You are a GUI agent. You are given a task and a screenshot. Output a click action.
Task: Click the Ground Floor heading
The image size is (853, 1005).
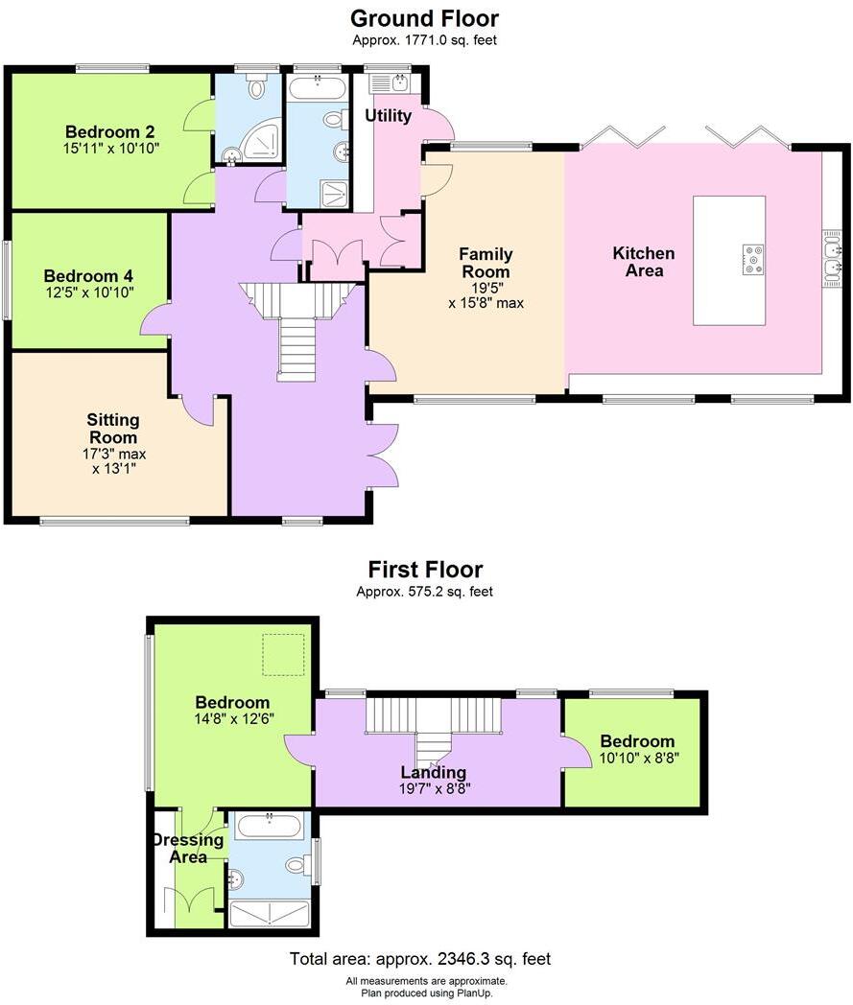(x=424, y=18)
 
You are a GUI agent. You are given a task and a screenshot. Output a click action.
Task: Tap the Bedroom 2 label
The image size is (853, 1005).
(x=110, y=132)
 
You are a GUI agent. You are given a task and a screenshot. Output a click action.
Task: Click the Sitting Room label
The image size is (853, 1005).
(x=112, y=429)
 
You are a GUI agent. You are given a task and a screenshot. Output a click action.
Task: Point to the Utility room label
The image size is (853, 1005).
(x=389, y=116)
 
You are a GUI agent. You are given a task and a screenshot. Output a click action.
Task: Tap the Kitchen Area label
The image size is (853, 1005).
(x=644, y=262)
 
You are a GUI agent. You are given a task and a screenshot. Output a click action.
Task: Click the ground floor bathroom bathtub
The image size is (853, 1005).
(x=318, y=90)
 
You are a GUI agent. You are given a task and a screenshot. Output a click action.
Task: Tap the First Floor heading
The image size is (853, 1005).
(x=424, y=570)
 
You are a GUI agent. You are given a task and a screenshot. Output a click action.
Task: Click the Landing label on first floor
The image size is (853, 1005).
(x=434, y=772)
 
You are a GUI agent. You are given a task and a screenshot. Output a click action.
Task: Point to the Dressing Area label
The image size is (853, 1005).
(x=188, y=848)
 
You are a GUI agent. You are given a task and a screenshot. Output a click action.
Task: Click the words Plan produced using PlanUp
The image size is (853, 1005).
(x=426, y=993)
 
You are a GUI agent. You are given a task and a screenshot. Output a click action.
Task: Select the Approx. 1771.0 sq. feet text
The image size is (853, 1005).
(x=424, y=40)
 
